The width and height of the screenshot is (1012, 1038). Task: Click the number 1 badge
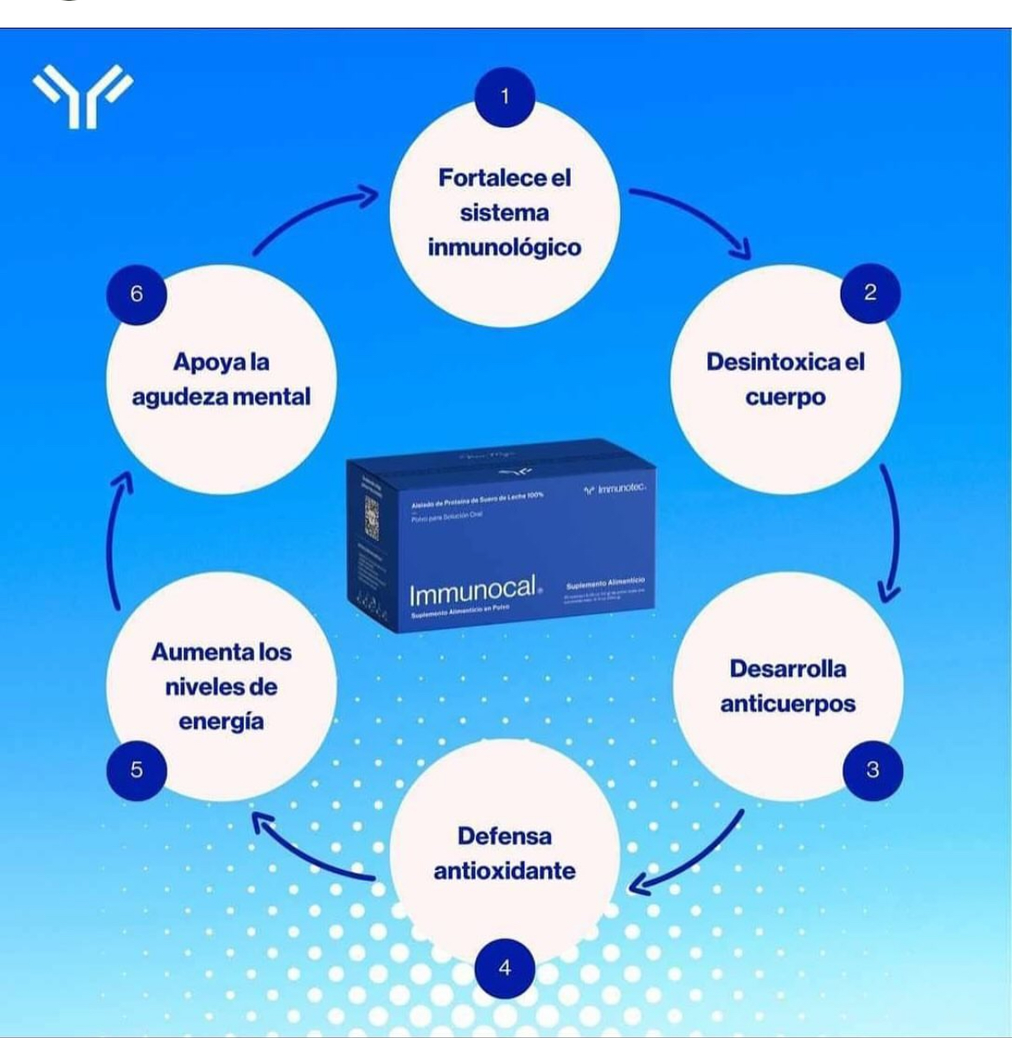coord(504,97)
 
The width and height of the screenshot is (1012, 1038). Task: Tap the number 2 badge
coord(870,293)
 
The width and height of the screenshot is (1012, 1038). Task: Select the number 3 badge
coord(873,769)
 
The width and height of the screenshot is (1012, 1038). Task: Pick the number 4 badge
coord(505,967)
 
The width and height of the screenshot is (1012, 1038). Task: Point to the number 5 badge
coord(137,769)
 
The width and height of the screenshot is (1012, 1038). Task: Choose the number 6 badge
coord(137,294)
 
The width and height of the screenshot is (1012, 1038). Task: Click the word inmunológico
coord(504,247)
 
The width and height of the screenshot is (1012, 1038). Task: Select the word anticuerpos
coord(788,704)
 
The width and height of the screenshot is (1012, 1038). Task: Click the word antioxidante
coord(504,870)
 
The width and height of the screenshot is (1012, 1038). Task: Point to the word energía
coord(221,722)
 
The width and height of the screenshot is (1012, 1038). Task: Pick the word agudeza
coord(179,398)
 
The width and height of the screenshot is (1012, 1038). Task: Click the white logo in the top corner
coord(83,95)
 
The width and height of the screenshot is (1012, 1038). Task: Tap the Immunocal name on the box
coord(472,592)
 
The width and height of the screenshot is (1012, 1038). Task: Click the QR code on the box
coord(372,519)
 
